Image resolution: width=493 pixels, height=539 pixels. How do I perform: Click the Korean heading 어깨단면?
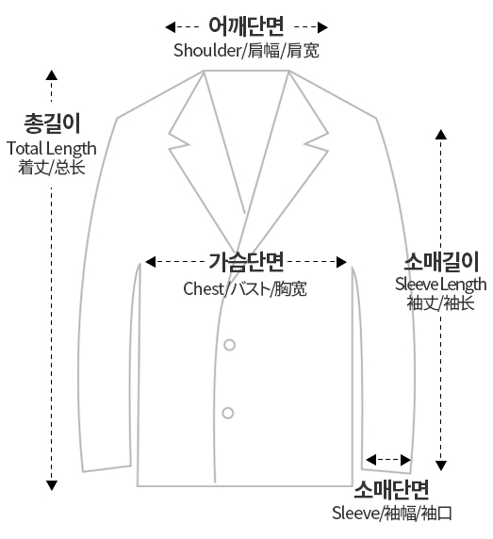[246, 26]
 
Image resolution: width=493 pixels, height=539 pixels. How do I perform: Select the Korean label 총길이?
[52, 123]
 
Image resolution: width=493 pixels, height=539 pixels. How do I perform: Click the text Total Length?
[52, 149]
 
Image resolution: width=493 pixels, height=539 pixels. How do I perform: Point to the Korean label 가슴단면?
[246, 262]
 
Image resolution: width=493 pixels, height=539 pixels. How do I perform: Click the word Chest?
[204, 288]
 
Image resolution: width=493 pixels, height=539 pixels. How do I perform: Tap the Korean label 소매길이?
[441, 262]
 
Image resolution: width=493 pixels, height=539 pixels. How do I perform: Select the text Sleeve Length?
[441, 285]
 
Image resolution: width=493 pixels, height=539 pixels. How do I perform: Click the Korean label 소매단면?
[391, 489]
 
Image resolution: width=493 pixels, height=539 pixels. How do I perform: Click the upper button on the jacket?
[230, 345]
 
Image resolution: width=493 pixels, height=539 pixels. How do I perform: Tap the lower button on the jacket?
[228, 413]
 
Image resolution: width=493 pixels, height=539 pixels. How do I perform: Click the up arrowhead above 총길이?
[52, 75]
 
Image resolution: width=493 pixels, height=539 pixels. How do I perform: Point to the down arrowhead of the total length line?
[52, 485]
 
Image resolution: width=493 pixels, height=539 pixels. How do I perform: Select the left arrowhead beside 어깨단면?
[171, 27]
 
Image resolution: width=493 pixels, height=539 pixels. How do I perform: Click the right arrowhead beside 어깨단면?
[322, 27]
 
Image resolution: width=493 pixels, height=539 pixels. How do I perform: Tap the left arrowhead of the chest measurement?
[150, 262]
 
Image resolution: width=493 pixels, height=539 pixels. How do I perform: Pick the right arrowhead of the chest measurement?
[341, 262]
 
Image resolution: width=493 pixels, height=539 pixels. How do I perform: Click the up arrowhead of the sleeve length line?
[441, 135]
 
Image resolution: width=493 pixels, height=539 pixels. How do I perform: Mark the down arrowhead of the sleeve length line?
[441, 465]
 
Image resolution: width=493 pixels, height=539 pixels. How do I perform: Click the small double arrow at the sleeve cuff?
[388, 460]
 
